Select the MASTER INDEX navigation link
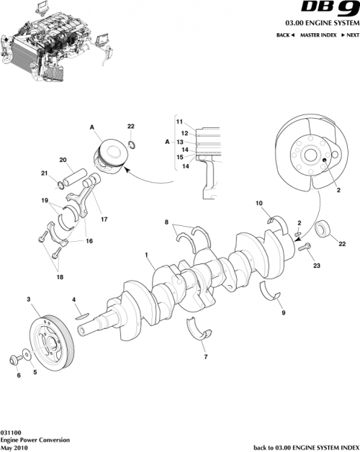coord(319,35)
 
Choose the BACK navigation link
coord(285,35)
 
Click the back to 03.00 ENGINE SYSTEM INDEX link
coord(305,447)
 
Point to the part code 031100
coord(10,431)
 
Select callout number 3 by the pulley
coord(28,298)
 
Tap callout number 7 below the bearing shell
coord(205,356)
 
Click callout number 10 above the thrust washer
coord(259,204)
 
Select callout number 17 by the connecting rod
coord(104,219)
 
